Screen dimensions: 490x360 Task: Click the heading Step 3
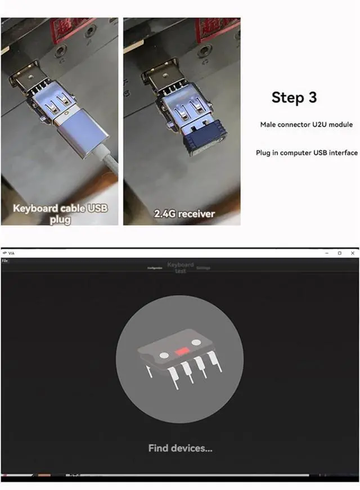pos(294,97)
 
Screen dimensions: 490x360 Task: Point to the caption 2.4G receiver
pos(182,214)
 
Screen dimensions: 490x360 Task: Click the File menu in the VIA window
pos(5,260)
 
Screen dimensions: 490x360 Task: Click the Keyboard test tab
pos(180,267)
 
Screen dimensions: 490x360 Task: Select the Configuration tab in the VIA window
pos(155,268)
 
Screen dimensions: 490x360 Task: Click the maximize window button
pos(339,253)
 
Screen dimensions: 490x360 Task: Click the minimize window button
pos(327,253)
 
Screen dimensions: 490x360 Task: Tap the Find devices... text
pos(180,448)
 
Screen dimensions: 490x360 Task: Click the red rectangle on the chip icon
pos(182,351)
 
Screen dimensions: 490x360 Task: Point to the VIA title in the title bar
pos(11,253)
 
